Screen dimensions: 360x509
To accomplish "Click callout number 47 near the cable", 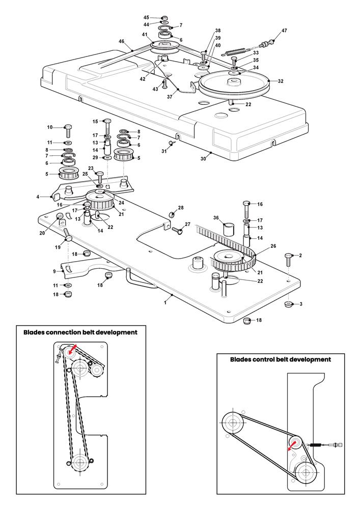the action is (284, 31).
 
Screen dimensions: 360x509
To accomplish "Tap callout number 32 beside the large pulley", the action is (281, 81).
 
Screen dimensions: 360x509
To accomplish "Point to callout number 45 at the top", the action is (146, 17).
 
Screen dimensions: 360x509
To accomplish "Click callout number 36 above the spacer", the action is (216, 217).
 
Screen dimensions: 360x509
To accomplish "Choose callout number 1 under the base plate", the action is (165, 302).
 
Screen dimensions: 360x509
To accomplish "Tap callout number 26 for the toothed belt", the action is (273, 246).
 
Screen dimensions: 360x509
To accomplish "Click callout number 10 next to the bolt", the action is (50, 127).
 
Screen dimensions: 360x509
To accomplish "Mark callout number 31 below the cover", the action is (164, 151).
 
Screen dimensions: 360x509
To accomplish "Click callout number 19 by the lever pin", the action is (58, 247).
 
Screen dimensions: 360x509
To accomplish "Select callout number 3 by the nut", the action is (301, 304).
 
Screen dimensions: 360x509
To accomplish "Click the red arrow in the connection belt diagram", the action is (72, 348).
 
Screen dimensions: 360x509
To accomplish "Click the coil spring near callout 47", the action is (235, 51).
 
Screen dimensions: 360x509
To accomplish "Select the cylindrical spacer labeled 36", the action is (229, 230).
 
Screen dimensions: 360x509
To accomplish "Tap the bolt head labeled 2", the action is (288, 257).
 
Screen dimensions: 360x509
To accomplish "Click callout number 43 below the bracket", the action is (155, 89).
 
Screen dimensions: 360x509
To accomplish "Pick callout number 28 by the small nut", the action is (180, 208).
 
